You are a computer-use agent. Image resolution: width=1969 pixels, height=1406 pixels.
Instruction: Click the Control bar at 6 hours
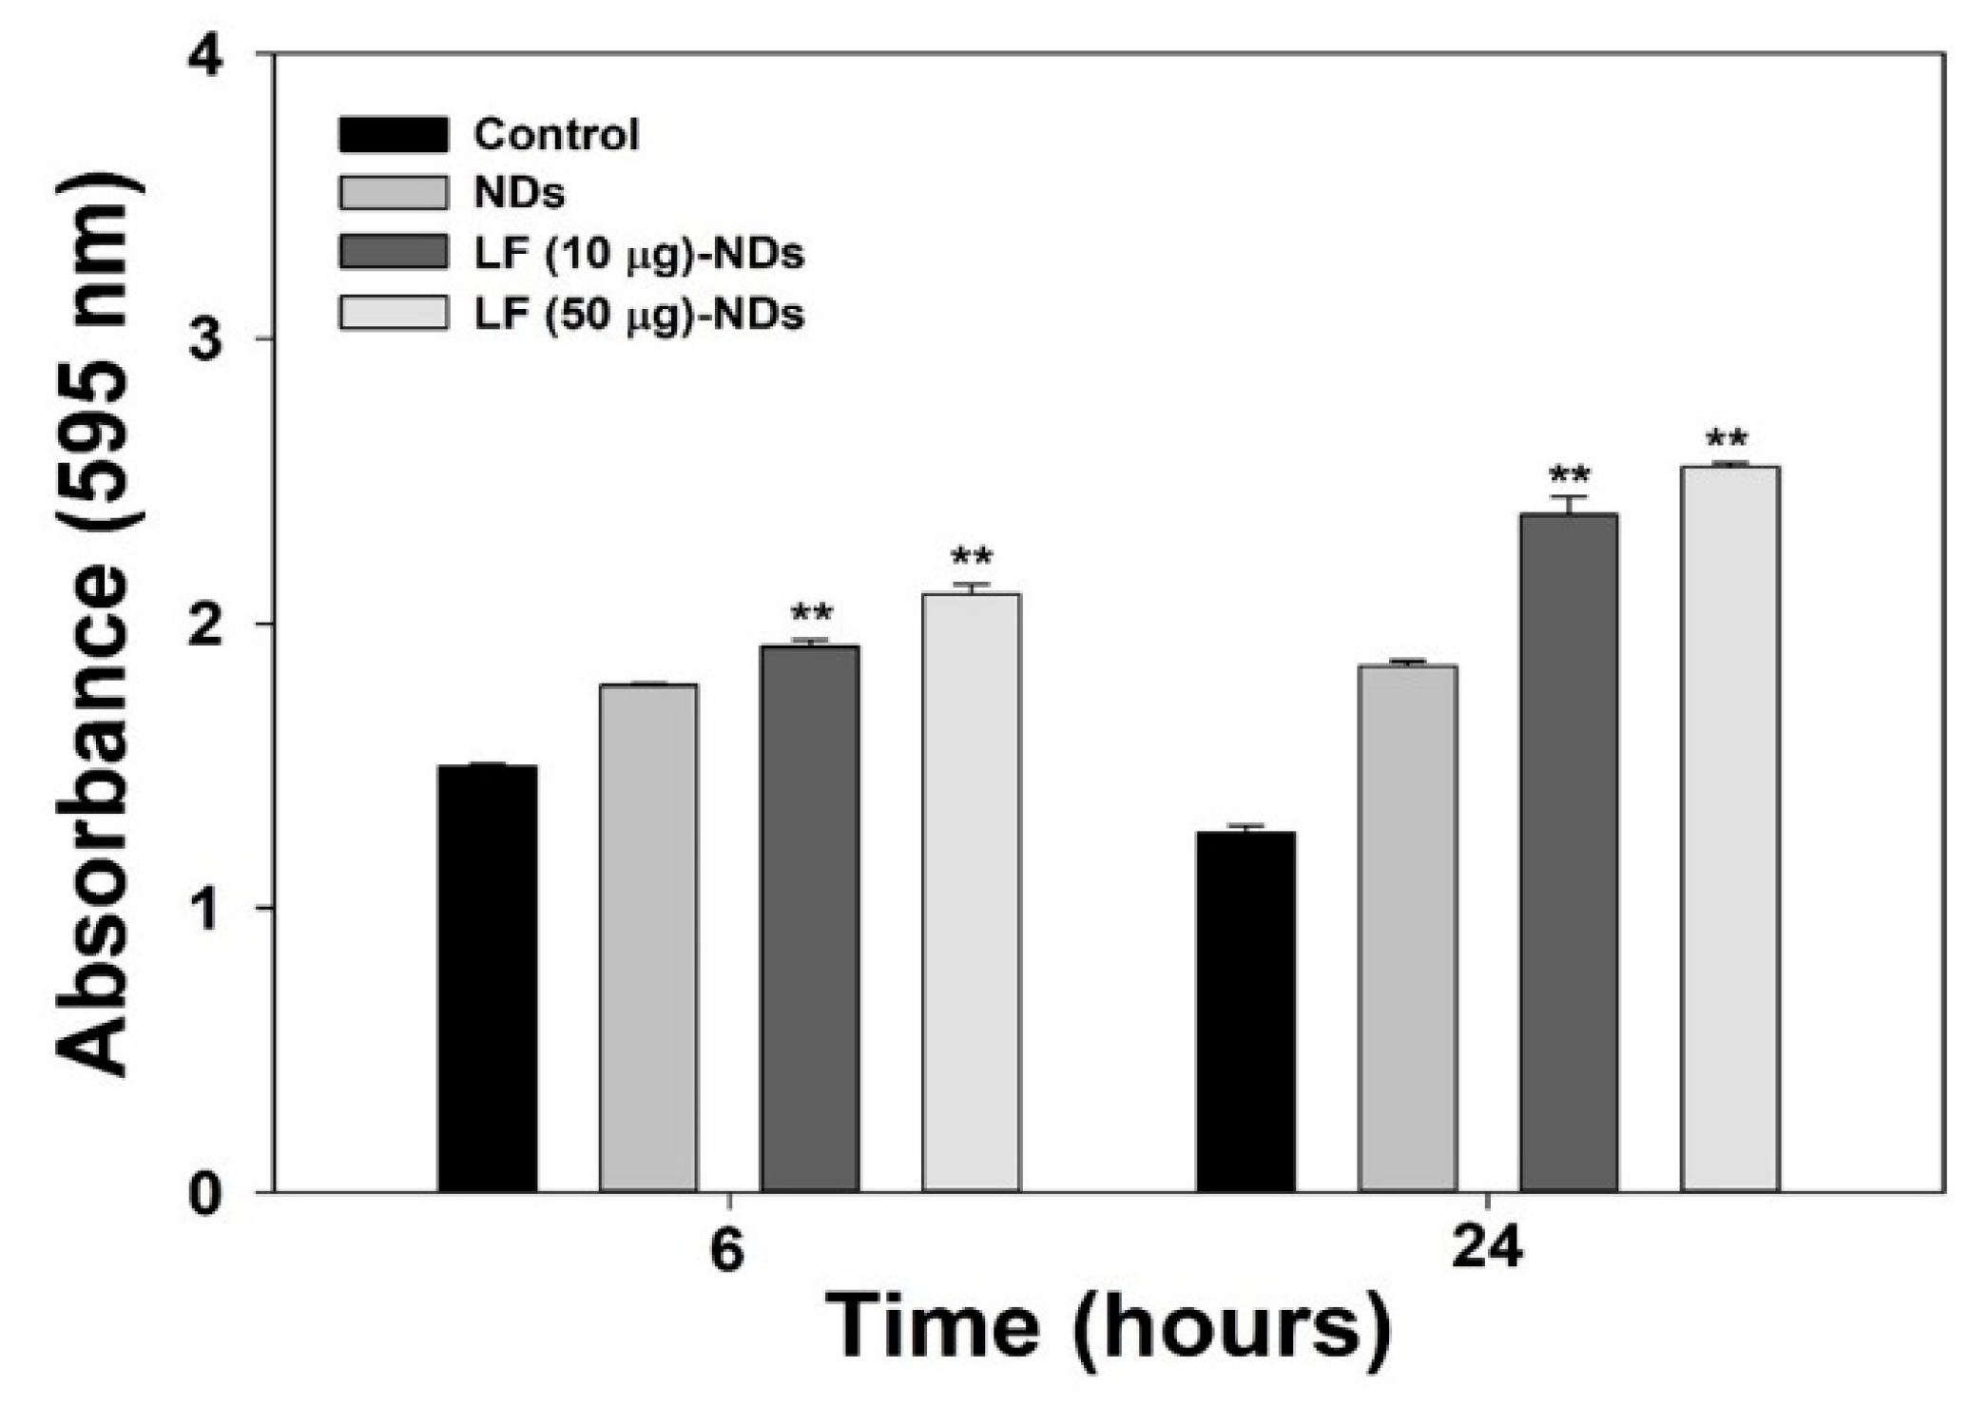(x=488, y=979)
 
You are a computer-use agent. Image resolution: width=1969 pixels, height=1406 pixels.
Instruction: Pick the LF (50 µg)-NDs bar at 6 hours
(x=971, y=894)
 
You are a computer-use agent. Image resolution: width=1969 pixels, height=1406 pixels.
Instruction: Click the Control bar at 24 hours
(x=1246, y=1012)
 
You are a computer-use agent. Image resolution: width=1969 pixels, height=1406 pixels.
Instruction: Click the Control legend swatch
(x=393, y=135)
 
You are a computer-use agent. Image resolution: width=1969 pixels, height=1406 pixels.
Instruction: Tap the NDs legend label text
(x=519, y=194)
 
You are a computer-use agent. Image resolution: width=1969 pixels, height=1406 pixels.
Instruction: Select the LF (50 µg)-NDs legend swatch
(x=393, y=313)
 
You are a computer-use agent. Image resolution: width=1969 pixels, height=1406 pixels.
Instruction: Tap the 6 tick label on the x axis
(x=727, y=1251)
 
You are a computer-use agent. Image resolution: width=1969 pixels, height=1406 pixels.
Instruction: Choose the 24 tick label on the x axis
(x=1488, y=1251)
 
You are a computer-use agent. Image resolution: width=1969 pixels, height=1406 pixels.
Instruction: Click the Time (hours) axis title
(x=1108, y=1326)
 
